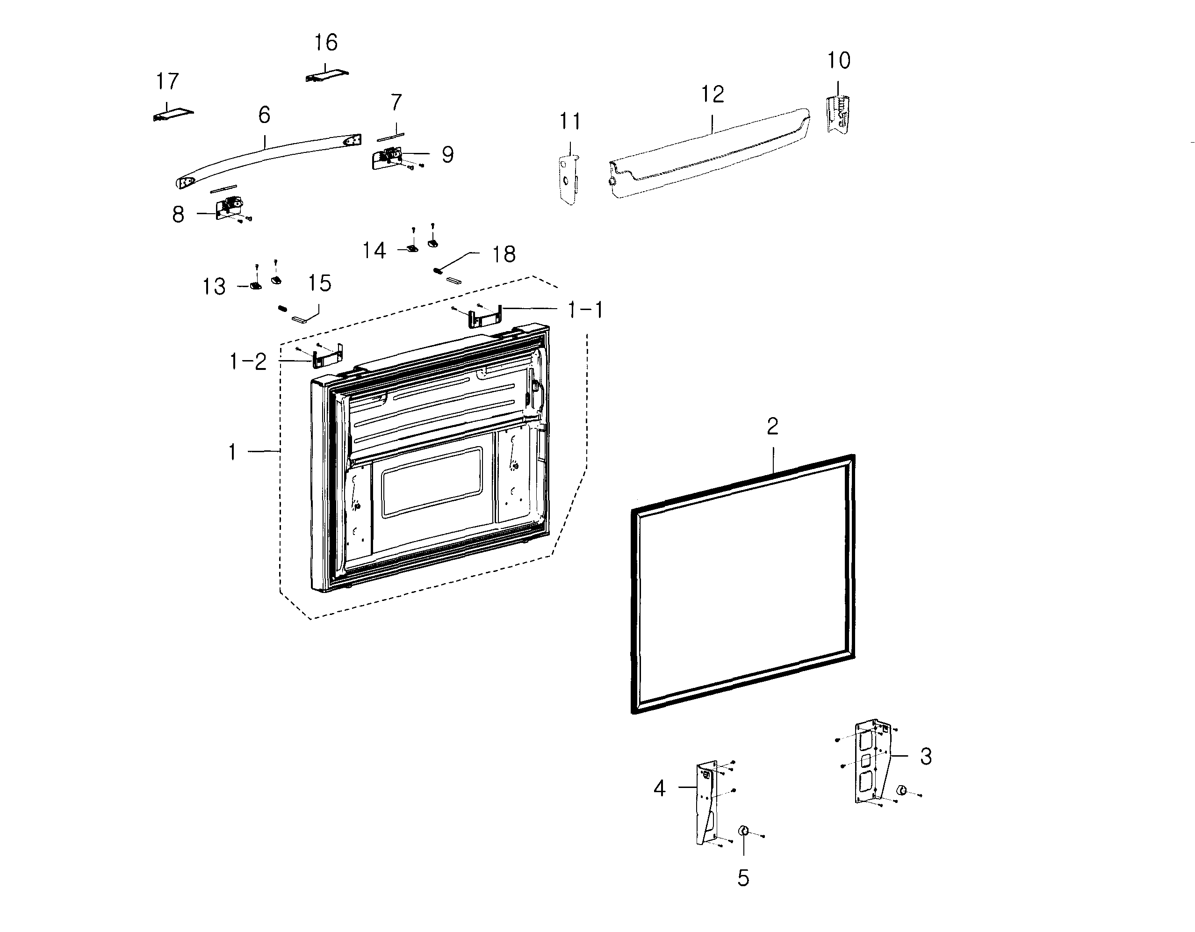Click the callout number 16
tap(325, 42)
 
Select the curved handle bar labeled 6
tap(268, 158)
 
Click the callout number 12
tap(713, 94)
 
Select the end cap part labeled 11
tap(569, 179)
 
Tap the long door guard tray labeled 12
tap(711, 153)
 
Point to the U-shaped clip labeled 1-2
tap(327, 356)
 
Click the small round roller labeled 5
tap(743, 831)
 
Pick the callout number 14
tap(374, 251)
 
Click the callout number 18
tap(504, 254)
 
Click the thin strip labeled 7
tap(390, 136)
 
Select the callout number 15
tap(319, 283)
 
